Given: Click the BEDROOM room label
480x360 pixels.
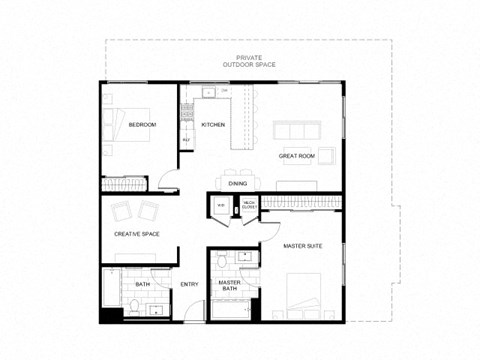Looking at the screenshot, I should [142, 125].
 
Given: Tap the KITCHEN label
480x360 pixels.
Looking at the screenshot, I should [213, 125].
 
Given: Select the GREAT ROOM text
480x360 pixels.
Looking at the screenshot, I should [298, 157].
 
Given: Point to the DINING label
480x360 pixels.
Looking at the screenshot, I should [238, 183].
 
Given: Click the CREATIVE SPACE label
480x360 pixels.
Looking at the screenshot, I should [137, 236].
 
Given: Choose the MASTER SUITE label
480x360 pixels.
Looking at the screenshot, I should [301, 245].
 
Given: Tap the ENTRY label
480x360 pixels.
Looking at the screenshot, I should [189, 285].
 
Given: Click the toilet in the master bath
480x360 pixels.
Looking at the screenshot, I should [221, 263].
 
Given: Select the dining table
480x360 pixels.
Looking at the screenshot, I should [238, 170].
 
